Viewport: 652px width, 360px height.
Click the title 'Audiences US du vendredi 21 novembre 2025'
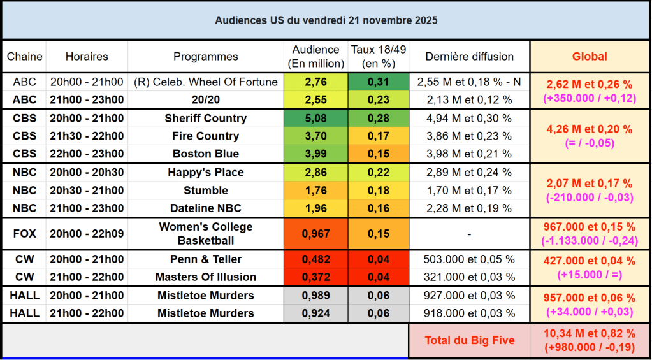(326, 20)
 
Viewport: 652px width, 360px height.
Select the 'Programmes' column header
(205, 57)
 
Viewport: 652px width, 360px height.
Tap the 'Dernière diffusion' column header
(469, 57)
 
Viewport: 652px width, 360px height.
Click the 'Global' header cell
(590, 57)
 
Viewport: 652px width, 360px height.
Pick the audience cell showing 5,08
(316, 119)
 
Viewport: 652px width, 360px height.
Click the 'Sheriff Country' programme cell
(205, 119)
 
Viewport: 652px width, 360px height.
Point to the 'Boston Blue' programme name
(205, 154)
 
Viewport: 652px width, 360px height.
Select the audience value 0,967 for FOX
(316, 234)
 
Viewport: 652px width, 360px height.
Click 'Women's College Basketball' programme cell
(205, 234)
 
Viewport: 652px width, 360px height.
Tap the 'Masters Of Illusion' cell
(205, 277)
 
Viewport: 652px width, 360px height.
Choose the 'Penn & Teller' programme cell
(205, 259)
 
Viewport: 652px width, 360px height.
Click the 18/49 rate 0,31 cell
(379, 82)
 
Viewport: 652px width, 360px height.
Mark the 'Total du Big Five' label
(469, 340)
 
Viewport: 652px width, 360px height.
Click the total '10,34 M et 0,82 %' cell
(590, 333)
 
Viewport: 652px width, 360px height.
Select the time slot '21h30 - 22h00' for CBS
(87, 136)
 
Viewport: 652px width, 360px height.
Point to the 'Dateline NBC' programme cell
(205, 208)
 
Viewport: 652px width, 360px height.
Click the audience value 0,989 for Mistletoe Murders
(316, 296)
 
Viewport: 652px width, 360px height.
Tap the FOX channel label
(24, 234)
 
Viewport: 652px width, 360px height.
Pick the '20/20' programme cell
(205, 100)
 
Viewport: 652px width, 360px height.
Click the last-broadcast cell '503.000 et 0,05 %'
(469, 259)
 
